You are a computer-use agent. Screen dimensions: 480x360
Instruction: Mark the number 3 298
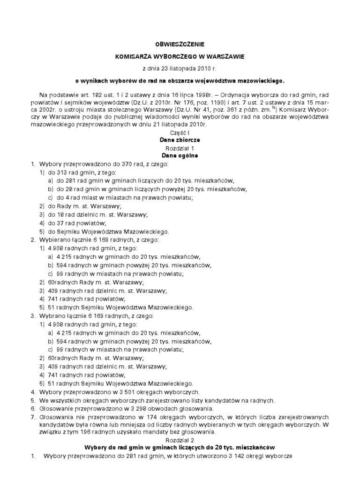click(x=131, y=409)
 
